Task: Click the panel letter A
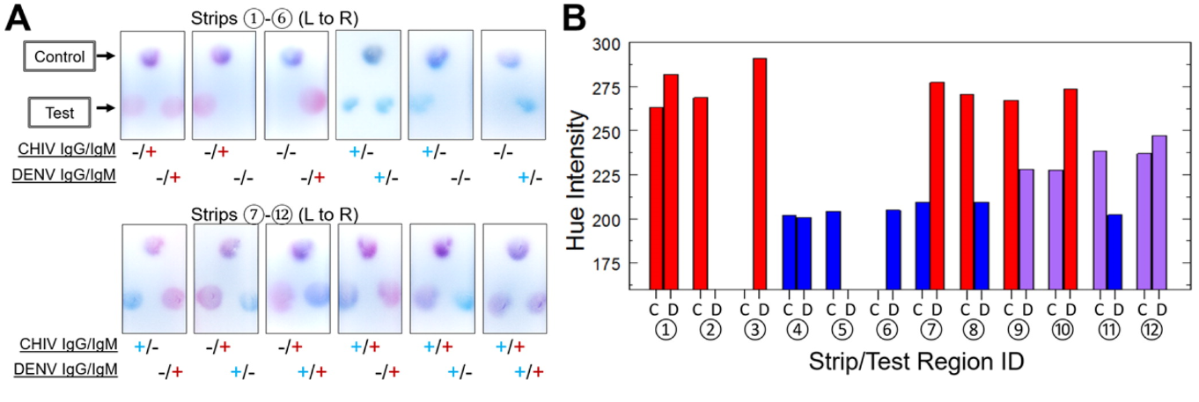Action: click(18, 18)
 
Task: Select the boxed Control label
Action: click(60, 57)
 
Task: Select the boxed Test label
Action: click(60, 112)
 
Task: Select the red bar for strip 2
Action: click(701, 193)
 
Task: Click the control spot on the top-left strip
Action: click(148, 59)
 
